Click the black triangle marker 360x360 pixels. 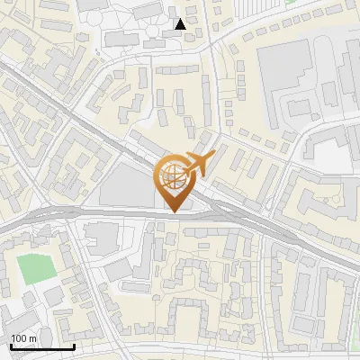(x=181, y=24)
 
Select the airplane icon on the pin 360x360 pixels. (x=197, y=164)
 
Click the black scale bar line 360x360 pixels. (x=41, y=346)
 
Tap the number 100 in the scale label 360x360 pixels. (x=19, y=337)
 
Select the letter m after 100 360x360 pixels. (x=33, y=338)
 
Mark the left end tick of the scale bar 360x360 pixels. (x=10, y=345)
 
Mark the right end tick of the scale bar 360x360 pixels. (x=74, y=345)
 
